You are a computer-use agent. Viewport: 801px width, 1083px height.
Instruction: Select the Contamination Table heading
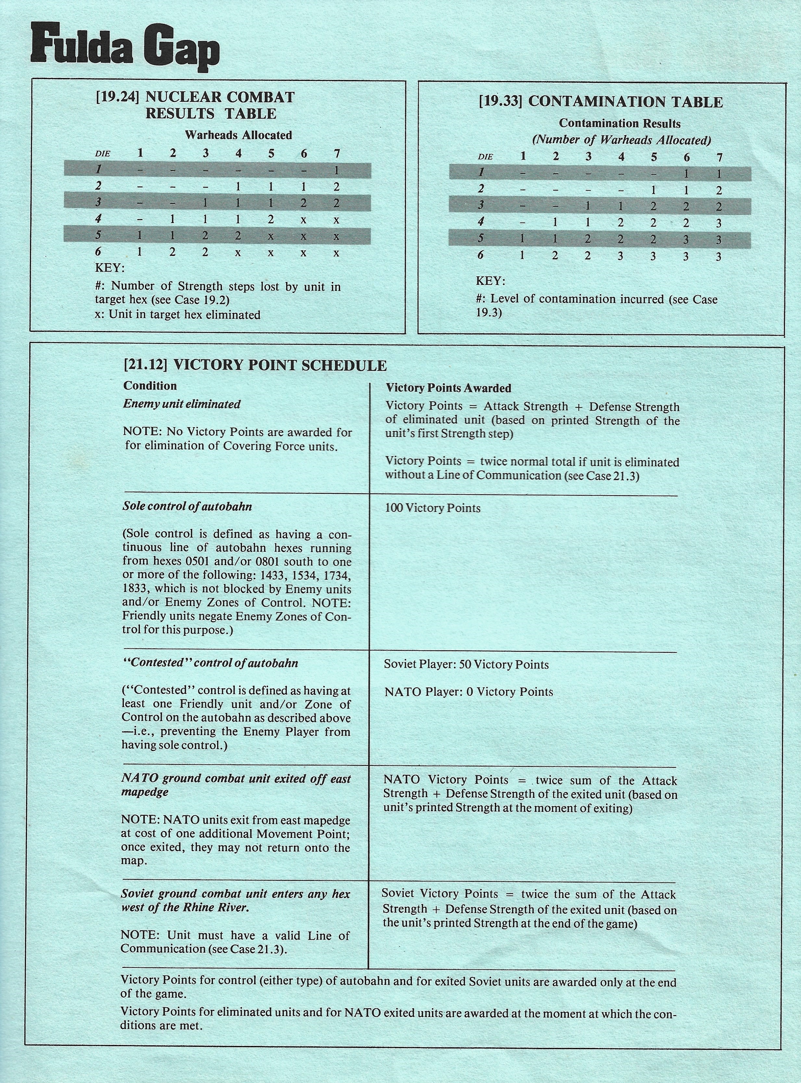coord(601,102)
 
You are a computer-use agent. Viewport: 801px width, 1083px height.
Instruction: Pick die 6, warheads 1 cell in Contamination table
coord(522,255)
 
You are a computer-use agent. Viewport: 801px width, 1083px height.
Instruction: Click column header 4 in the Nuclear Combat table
coord(238,153)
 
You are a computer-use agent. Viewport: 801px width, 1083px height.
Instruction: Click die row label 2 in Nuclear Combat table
coord(98,186)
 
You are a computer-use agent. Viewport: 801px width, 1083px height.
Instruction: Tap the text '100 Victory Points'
coord(433,508)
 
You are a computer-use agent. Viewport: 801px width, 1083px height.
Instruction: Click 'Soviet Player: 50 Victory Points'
coord(466,664)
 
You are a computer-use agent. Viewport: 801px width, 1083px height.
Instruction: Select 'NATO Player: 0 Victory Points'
coord(468,692)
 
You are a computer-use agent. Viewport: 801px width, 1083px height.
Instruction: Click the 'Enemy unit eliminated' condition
coord(182,404)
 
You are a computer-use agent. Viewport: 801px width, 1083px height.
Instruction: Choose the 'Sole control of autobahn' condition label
coord(187,507)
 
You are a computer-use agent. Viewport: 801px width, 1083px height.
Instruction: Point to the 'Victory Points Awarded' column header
coord(448,388)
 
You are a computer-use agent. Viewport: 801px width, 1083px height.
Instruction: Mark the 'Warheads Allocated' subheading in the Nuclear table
coord(238,135)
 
